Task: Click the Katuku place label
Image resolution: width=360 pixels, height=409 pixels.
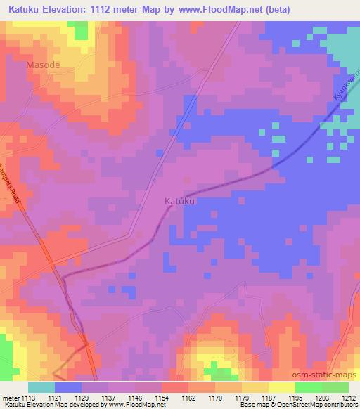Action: coord(179,201)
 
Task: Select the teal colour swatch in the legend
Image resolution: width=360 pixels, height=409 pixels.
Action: coord(41,387)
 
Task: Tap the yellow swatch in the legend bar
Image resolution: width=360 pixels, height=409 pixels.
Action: coord(281,387)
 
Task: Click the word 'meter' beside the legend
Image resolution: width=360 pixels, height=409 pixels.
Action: coord(12,397)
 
